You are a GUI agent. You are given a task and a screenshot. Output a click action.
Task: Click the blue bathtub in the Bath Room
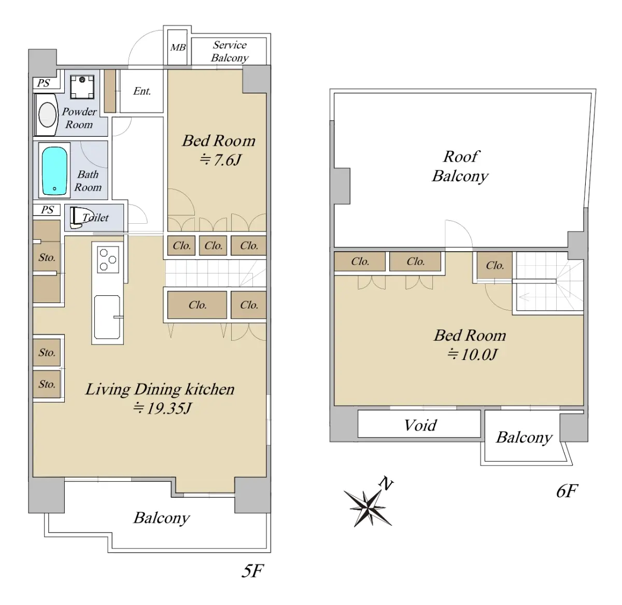pyautogui.click(x=54, y=170)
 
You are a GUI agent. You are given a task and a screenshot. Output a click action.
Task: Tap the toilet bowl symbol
pyautogui.click(x=80, y=217)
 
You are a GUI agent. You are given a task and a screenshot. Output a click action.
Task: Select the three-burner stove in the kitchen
pyautogui.click(x=108, y=260)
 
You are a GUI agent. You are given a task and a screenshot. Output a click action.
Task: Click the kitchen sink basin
pyautogui.click(x=107, y=317)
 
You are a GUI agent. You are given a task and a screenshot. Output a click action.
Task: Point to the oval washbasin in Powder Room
pyautogui.click(x=47, y=115)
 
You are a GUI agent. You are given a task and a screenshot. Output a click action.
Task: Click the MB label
pyautogui.click(x=178, y=48)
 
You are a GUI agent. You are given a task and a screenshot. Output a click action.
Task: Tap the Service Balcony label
pyautogui.click(x=230, y=51)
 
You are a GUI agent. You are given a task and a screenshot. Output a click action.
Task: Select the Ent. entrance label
pyautogui.click(x=142, y=91)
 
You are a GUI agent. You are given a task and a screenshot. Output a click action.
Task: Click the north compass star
pyautogui.click(x=367, y=508)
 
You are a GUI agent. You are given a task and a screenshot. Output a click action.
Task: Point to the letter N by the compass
pyautogui.click(x=386, y=483)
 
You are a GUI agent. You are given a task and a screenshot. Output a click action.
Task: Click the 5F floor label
pyautogui.click(x=252, y=571)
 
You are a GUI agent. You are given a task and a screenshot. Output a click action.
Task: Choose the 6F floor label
pyautogui.click(x=567, y=491)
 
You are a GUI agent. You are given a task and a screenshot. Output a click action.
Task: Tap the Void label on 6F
pyautogui.click(x=420, y=425)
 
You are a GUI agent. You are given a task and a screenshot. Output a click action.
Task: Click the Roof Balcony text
pyautogui.click(x=460, y=166)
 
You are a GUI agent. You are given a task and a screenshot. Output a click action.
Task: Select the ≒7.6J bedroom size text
pyautogui.click(x=220, y=160)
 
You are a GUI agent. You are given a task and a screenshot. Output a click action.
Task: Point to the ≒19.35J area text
pyautogui.click(x=162, y=408)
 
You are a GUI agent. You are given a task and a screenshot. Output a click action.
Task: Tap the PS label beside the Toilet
pyautogui.click(x=47, y=210)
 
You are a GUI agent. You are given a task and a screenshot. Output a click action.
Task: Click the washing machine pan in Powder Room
pyautogui.click(x=82, y=87)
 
